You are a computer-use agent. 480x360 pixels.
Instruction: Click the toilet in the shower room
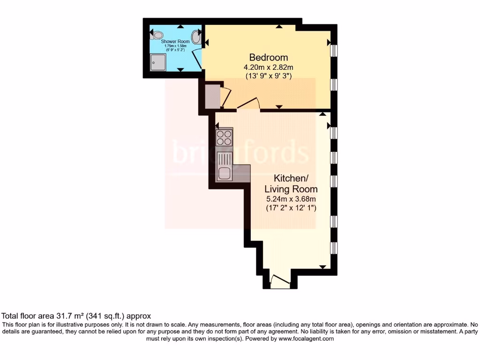[157, 35]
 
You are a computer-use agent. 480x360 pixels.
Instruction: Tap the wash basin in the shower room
[197, 38]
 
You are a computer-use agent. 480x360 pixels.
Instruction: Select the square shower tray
[158, 61]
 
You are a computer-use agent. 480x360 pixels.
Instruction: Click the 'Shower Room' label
[175, 42]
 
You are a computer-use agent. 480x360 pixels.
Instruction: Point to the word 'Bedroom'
[268, 58]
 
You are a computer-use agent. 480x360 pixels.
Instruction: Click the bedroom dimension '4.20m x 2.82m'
[268, 67]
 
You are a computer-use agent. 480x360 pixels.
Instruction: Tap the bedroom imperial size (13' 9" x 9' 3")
[268, 75]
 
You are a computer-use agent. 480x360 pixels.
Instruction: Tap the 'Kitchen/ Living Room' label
[291, 184]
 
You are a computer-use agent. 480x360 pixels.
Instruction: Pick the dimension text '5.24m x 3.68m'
[291, 199]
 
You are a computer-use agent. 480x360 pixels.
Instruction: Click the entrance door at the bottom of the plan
[280, 282]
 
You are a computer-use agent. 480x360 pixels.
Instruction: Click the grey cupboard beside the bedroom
[212, 96]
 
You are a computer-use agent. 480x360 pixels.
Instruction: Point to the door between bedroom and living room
[249, 103]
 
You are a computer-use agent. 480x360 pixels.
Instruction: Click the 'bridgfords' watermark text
[240, 152]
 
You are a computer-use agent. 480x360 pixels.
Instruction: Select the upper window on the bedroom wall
[333, 50]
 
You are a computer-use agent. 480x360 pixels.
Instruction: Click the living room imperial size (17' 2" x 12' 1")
[291, 207]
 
